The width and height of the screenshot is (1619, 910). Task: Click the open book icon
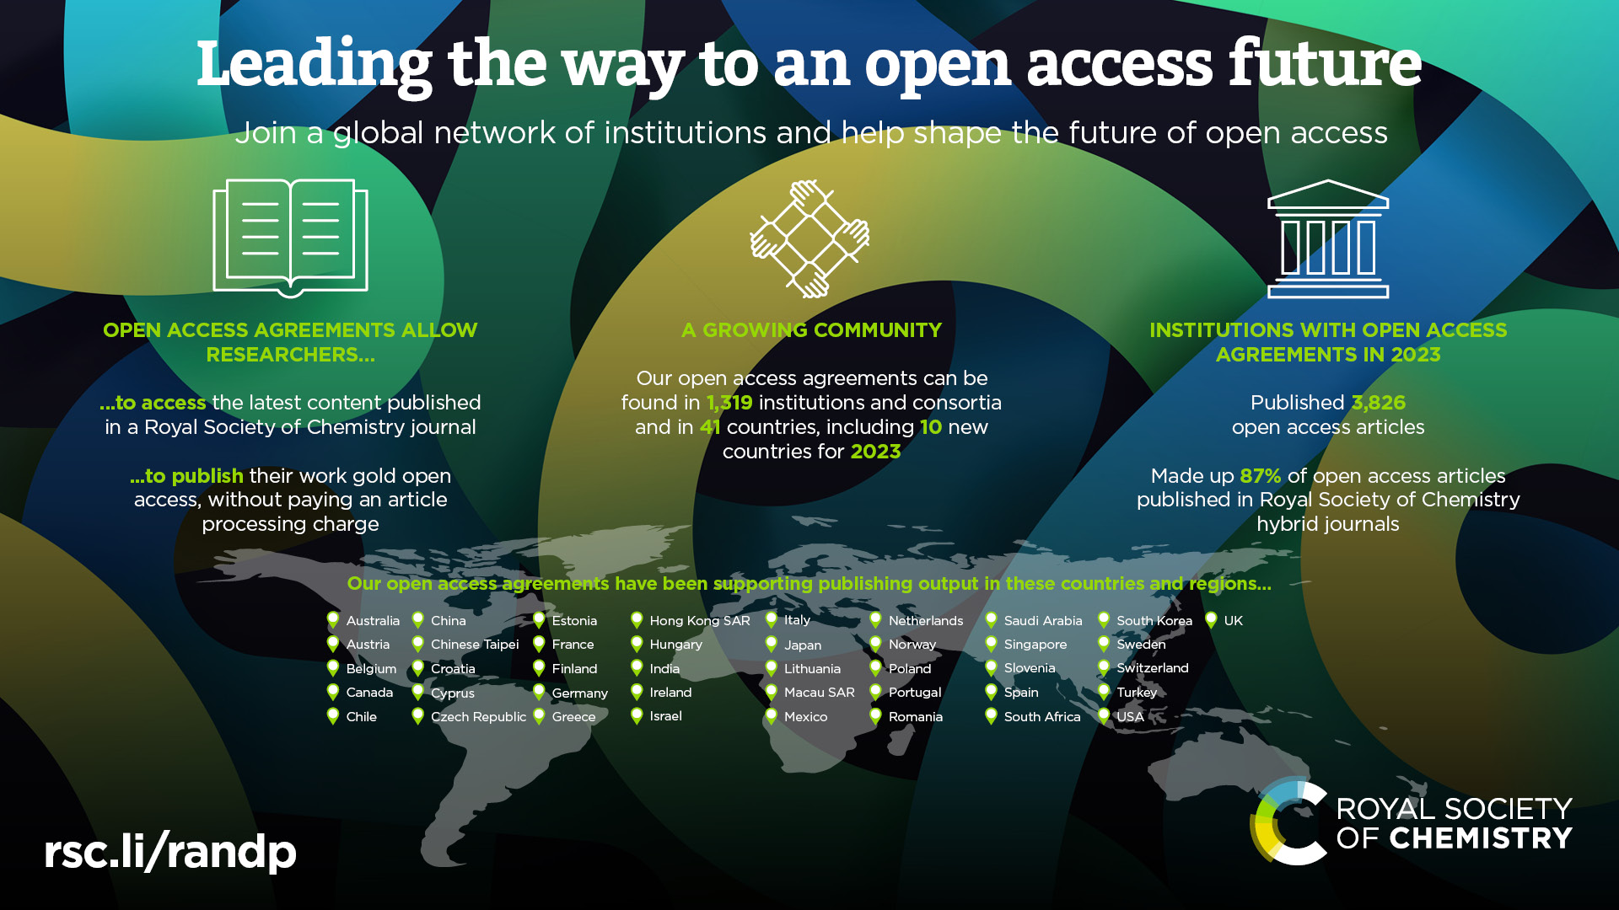pos(290,238)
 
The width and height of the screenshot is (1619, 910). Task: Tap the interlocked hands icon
pos(809,238)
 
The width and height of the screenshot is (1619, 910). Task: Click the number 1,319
pos(729,403)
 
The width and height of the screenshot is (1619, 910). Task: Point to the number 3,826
pos(1379,403)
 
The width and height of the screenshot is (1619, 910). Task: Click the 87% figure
pos(1261,476)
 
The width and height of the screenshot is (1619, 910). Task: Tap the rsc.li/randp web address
pos(170,851)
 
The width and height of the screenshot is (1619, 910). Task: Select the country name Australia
pos(373,621)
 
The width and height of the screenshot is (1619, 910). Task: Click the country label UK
pos(1233,621)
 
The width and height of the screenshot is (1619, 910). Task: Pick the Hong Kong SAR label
pos(700,621)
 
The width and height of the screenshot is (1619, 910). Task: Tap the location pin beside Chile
pos(333,716)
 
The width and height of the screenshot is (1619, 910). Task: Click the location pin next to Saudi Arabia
pos(991,621)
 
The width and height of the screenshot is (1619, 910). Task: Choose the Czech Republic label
pos(478,717)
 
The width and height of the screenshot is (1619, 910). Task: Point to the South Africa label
pos(1042,717)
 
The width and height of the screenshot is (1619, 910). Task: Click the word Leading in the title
pos(314,65)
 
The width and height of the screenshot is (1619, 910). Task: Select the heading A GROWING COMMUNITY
pos(811,330)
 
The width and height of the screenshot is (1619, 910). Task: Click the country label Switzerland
pos(1153,668)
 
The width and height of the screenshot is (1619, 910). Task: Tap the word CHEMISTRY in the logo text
pos(1481,838)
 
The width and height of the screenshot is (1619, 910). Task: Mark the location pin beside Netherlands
pos(875,621)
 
